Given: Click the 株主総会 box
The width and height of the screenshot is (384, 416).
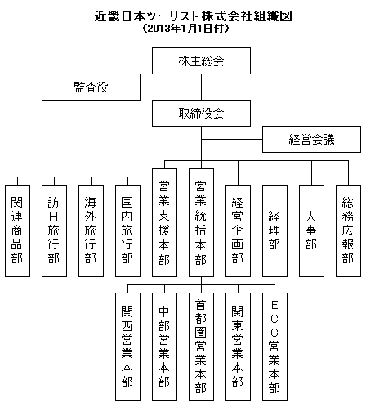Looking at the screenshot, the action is pyautogui.click(x=201, y=60).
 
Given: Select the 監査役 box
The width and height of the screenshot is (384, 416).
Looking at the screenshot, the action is pyautogui.click(x=91, y=87).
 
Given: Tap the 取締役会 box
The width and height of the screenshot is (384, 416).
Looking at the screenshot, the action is pyautogui.click(x=201, y=113).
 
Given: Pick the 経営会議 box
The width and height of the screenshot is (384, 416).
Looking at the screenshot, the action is pyautogui.click(x=311, y=139).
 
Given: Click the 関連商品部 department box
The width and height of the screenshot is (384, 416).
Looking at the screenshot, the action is pyautogui.click(x=17, y=230).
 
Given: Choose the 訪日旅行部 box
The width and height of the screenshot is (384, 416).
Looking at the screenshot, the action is pyautogui.click(x=54, y=230).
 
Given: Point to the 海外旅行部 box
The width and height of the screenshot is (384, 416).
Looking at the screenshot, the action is pyautogui.click(x=91, y=230).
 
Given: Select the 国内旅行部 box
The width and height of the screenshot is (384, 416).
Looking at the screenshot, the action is pyautogui.click(x=127, y=230).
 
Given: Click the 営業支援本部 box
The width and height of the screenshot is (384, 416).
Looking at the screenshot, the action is pyautogui.click(x=164, y=222).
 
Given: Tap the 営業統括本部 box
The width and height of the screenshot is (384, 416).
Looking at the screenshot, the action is pyautogui.click(x=201, y=222).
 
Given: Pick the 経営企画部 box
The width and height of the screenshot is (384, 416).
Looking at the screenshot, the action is pyautogui.click(x=238, y=230).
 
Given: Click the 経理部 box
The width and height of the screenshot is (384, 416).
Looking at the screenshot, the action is pyautogui.click(x=275, y=230).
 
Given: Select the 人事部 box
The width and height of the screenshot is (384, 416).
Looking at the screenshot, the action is pyautogui.click(x=311, y=230).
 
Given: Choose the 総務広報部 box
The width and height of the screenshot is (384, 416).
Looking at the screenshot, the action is pyautogui.click(x=348, y=230).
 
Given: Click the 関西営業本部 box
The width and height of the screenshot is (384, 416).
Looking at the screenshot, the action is pyautogui.click(x=127, y=347).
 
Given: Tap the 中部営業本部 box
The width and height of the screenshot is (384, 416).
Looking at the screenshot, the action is pyautogui.click(x=164, y=347).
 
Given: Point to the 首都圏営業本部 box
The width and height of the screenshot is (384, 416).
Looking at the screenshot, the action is pyautogui.click(x=201, y=347).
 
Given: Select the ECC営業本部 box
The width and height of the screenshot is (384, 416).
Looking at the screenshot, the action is pyautogui.click(x=275, y=347).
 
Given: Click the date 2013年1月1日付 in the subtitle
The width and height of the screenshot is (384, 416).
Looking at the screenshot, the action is pyautogui.click(x=185, y=29).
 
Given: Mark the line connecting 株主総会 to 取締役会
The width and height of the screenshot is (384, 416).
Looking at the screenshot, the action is pyautogui.click(x=201, y=87).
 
